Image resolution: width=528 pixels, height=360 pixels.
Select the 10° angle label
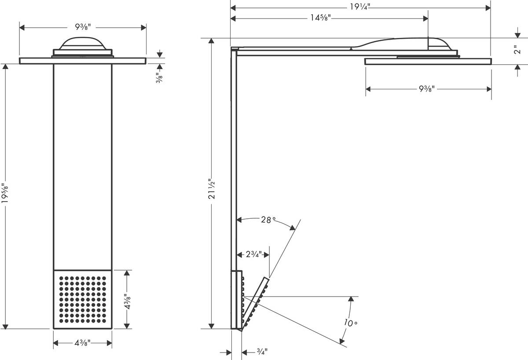(x=351, y=323)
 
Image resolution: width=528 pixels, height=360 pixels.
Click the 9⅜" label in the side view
(x=427, y=89)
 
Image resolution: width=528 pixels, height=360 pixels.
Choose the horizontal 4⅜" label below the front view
(x=83, y=343)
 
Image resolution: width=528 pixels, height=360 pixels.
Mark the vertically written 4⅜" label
(x=127, y=299)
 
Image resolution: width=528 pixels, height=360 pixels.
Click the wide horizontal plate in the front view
(x=83, y=61)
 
